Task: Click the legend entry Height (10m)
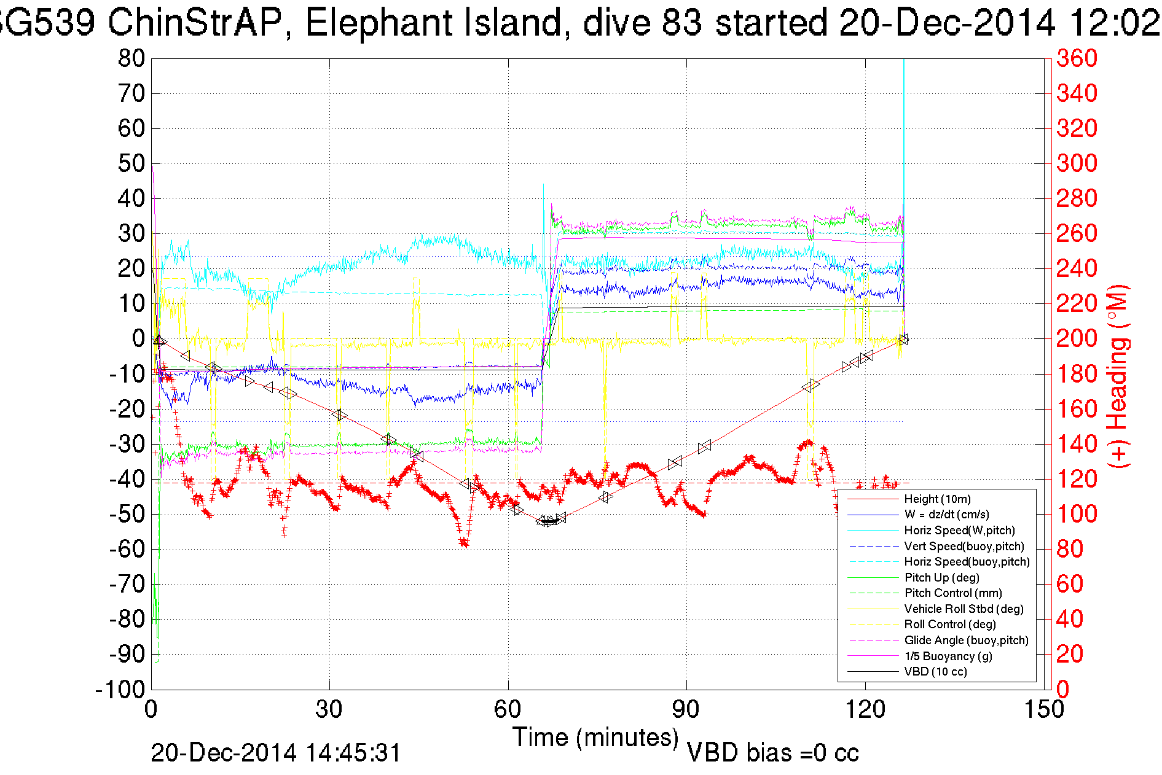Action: tap(937, 499)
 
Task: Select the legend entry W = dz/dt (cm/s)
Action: tap(946, 515)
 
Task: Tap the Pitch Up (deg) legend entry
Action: tap(941, 577)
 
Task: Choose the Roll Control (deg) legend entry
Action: tap(950, 625)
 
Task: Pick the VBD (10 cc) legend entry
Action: tap(935, 672)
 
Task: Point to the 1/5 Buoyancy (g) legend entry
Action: tap(948, 656)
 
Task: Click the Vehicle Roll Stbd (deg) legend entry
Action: tap(964, 609)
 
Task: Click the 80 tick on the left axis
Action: tap(131, 59)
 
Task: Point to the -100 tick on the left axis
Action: tap(120, 690)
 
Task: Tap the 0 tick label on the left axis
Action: tap(138, 338)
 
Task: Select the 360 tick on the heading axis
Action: tap(1077, 59)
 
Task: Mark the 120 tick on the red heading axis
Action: tap(1077, 478)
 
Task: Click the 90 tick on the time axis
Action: tap(686, 710)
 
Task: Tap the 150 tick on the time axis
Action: tap(1044, 710)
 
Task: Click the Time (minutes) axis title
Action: tap(595, 737)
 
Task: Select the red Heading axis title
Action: tap(1118, 376)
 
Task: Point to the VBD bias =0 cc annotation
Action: tap(772, 753)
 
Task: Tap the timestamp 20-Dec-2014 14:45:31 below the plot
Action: tap(276, 753)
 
